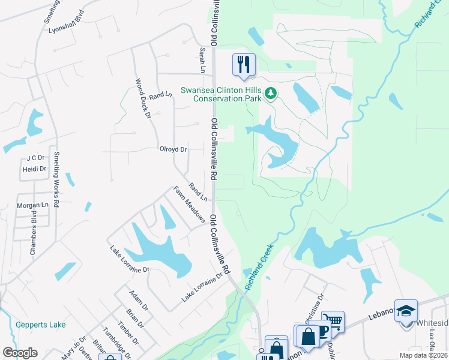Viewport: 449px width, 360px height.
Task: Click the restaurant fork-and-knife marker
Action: pos(244,64)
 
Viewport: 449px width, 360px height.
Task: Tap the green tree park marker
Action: pos(271,93)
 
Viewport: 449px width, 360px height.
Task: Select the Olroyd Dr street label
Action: pos(173,149)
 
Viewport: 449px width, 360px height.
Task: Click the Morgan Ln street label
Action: pos(32,205)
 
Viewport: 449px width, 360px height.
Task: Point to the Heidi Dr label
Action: pos(34,169)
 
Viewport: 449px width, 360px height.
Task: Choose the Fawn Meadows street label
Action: pos(189,204)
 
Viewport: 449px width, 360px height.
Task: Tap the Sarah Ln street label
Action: pos(203,61)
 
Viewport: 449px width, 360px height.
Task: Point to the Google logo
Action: pos(20,353)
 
